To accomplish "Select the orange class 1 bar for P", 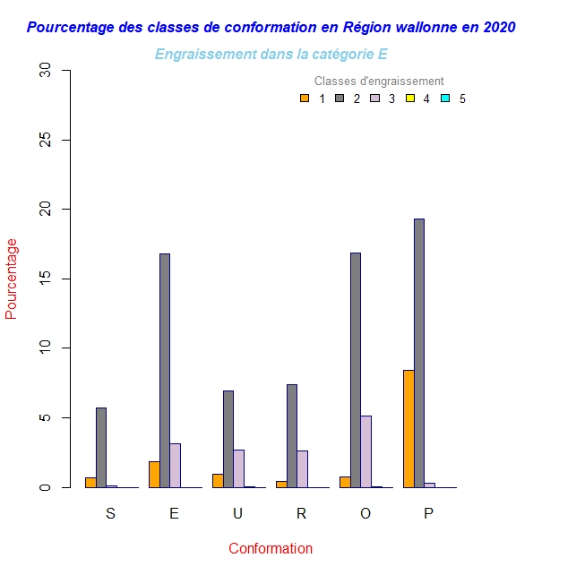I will coord(408,428).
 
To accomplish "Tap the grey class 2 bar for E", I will coord(165,370).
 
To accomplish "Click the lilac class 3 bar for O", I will coord(366,451).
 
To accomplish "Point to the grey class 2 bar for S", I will coord(101,447).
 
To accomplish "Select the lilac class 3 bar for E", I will coord(176,465).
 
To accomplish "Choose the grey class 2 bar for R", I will coord(292,435).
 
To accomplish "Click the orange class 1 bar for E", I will coord(154,474).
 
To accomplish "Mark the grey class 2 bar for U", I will coord(228,439).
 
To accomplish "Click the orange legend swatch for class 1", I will coord(305,99).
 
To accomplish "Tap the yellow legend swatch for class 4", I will coord(410,99).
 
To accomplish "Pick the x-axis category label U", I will coord(237,513).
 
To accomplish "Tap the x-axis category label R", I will coord(301,513).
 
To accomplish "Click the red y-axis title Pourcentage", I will coord(12,279).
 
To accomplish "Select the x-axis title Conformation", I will coord(271,548).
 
